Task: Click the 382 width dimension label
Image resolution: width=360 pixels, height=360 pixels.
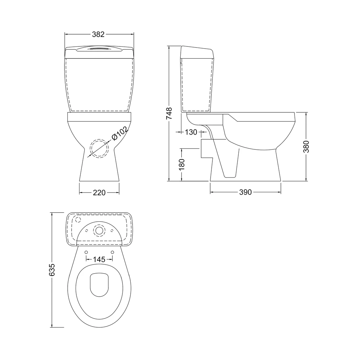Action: [98, 35]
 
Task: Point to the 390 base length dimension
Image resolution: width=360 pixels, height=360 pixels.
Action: [245, 192]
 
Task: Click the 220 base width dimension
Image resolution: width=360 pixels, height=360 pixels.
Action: [99, 193]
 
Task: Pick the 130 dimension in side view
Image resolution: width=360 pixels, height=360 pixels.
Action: [191, 132]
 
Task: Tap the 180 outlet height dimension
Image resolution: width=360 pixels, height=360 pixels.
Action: [182, 164]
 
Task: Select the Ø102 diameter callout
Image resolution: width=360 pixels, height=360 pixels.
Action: [119, 134]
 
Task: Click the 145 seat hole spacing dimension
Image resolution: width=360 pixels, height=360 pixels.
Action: [99, 259]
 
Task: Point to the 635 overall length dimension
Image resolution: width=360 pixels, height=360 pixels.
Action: [52, 270]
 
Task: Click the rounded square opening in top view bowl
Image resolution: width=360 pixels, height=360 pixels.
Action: [99, 285]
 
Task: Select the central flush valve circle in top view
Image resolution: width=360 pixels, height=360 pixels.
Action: [99, 230]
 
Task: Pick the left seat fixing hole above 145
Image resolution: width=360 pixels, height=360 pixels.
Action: [86, 252]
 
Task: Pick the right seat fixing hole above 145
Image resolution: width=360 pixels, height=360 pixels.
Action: [112, 252]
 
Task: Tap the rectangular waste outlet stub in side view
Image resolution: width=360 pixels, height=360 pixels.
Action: [205, 148]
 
